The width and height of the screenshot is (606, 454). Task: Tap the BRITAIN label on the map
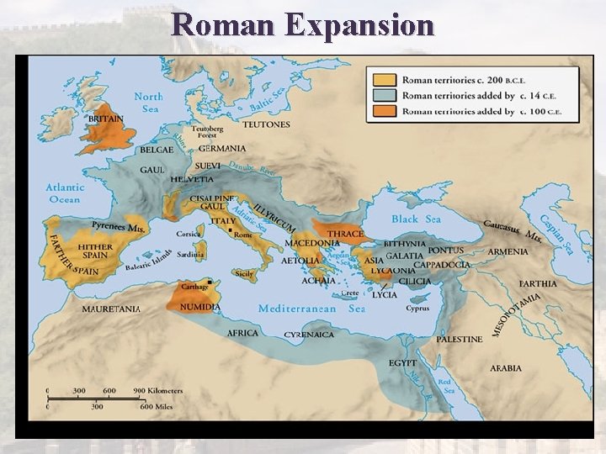tap(106, 119)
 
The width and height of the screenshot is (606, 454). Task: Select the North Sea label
tap(148, 103)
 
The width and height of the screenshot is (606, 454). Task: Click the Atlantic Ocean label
tap(64, 193)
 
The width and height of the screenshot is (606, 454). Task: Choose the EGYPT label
tap(402, 362)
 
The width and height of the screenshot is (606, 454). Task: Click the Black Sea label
tap(416, 219)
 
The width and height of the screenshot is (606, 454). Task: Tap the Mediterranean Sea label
tap(311, 309)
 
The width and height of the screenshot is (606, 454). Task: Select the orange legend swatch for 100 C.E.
tap(384, 111)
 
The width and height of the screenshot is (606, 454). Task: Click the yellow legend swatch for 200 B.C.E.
tap(384, 80)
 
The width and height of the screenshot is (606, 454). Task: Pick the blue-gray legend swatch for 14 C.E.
tap(384, 96)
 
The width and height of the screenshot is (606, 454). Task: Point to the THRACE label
tap(346, 234)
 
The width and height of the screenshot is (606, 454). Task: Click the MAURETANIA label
tap(111, 309)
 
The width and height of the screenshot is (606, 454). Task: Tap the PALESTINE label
tap(460, 339)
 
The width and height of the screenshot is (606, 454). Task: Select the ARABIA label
tap(506, 367)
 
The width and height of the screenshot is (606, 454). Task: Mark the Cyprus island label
tap(417, 309)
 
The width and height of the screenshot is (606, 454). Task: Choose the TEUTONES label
tap(266, 124)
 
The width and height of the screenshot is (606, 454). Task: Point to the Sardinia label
tap(191, 255)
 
